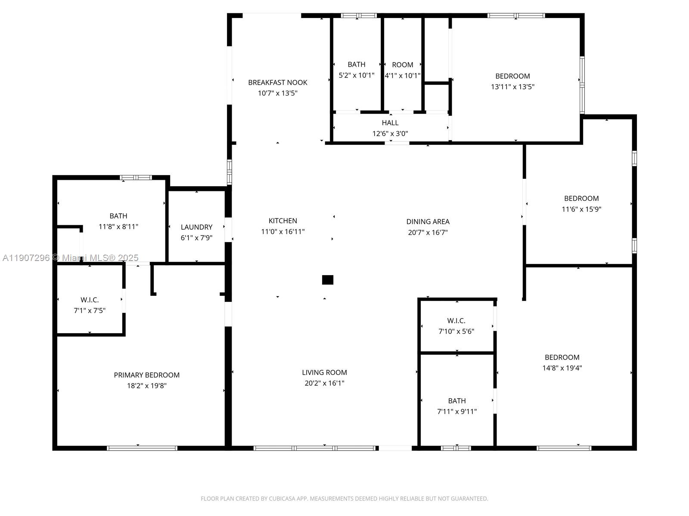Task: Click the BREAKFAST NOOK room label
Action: click(277, 82)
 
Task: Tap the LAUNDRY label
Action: click(196, 227)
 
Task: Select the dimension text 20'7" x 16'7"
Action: click(428, 232)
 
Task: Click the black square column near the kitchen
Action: click(328, 280)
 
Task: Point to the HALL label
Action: click(390, 123)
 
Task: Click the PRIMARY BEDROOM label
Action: click(146, 375)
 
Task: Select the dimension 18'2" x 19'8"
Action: click(146, 386)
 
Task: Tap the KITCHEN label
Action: click(282, 221)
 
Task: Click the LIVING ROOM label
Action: click(324, 372)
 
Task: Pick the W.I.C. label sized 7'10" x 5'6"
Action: click(456, 321)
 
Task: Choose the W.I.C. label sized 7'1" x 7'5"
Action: click(90, 300)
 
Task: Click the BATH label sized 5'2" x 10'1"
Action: click(356, 64)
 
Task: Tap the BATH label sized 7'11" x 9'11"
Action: click(456, 401)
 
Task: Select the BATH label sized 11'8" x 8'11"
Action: click(118, 216)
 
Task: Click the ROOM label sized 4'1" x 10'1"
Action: click(402, 65)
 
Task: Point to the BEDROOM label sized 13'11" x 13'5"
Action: click(512, 76)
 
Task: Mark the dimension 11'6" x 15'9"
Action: click(581, 209)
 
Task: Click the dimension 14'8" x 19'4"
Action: click(562, 368)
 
